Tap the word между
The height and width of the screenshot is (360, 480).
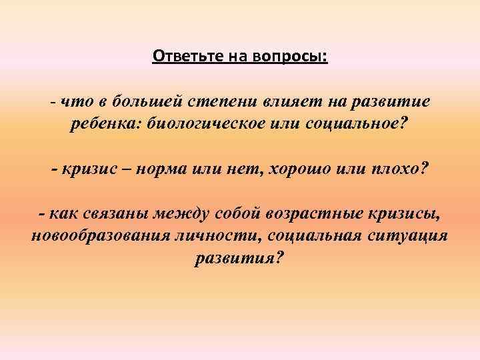[181, 214]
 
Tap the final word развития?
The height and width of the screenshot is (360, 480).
[239, 258]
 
